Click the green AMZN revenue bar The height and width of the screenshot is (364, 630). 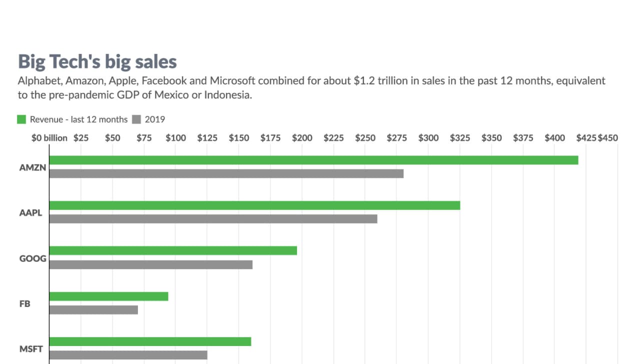pos(313,160)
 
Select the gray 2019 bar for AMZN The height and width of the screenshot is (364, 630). pos(226,173)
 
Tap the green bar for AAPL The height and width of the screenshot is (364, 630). pos(254,205)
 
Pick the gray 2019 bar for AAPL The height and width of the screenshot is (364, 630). pos(213,219)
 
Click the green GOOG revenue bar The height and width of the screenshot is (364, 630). pos(173,250)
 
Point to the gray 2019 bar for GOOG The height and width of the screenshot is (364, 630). pos(150,264)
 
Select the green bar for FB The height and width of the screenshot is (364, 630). pos(108,296)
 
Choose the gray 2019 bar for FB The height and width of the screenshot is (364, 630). pos(93,310)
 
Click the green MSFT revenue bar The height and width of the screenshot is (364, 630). pos(150,341)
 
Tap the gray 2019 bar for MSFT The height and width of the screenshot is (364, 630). pos(128,355)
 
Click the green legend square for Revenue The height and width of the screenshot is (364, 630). pos(21,119)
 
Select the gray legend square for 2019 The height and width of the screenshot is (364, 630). pos(136,119)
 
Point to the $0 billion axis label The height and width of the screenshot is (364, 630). pos(49,138)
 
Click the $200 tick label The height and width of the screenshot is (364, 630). pos(302,138)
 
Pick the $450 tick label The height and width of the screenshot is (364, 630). pos(608,138)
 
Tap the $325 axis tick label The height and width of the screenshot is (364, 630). pos(460,138)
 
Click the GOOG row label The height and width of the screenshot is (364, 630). pos(32,258)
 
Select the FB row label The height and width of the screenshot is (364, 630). pos(24,303)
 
